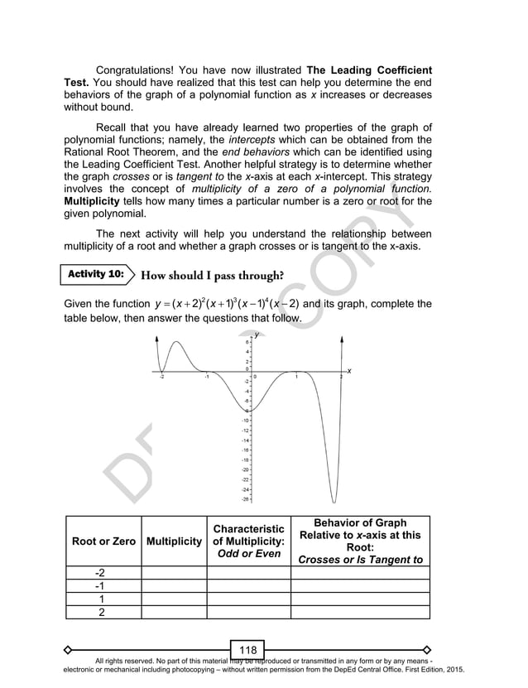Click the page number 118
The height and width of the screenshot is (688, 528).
(247, 650)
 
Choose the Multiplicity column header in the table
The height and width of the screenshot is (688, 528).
(174, 541)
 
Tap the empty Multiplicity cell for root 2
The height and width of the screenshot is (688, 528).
(174, 612)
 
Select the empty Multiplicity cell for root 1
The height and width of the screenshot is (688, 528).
(174, 599)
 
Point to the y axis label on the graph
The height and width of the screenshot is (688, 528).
(257, 334)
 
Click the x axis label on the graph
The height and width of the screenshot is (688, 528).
(349, 370)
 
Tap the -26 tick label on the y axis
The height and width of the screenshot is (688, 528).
(245, 499)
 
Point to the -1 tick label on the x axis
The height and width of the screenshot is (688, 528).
(207, 377)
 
